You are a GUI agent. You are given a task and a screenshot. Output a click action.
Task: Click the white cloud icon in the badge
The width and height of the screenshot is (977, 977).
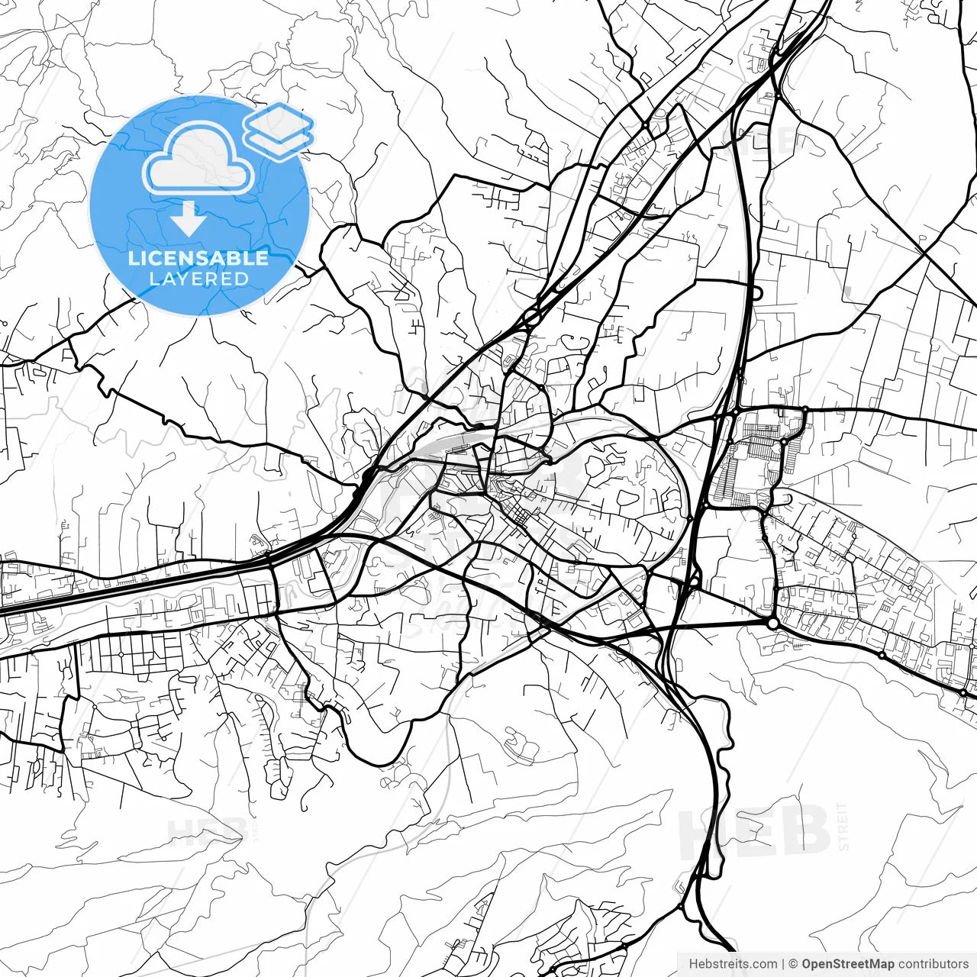point(198,159)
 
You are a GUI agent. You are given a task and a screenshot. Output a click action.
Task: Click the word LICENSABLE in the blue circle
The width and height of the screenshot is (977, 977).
point(198,258)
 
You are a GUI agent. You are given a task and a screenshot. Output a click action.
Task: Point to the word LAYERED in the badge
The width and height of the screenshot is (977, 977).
point(198,279)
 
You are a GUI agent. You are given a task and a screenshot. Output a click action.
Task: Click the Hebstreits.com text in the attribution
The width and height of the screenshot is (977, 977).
point(733,964)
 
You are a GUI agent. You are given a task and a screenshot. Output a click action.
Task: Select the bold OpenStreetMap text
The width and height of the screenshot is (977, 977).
point(848,964)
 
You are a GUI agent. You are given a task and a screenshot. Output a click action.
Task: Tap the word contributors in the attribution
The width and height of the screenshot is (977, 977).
point(933,964)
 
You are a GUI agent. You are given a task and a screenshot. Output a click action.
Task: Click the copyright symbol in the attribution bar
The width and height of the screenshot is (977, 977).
point(793,964)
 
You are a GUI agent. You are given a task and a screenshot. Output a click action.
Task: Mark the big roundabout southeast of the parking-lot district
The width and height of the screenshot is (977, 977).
point(773,624)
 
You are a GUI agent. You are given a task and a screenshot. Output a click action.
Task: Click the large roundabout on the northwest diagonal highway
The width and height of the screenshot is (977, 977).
point(532,316)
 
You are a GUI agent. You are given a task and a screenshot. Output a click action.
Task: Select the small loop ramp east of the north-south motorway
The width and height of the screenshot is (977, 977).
point(756,292)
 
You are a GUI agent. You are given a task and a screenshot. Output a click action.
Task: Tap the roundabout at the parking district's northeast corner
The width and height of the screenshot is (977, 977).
point(804,412)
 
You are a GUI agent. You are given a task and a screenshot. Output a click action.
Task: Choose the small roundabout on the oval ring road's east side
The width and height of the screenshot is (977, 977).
point(690,518)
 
